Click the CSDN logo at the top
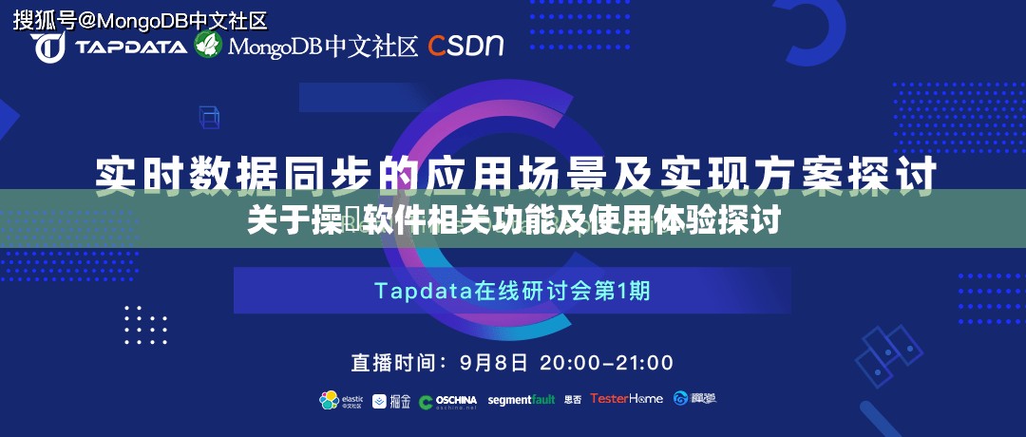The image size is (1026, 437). [x=465, y=45]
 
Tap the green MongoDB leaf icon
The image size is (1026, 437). [x=208, y=44]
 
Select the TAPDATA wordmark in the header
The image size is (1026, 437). [x=131, y=47]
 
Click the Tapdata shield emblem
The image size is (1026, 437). [x=50, y=46]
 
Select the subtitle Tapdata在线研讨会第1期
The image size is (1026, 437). [x=512, y=291]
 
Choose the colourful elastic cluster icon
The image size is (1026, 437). [x=329, y=400]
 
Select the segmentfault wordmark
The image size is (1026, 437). [x=521, y=400]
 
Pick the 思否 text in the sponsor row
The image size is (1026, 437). [x=573, y=400]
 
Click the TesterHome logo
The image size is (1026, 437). [x=626, y=399]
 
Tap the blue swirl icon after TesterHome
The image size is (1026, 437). [x=681, y=399]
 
